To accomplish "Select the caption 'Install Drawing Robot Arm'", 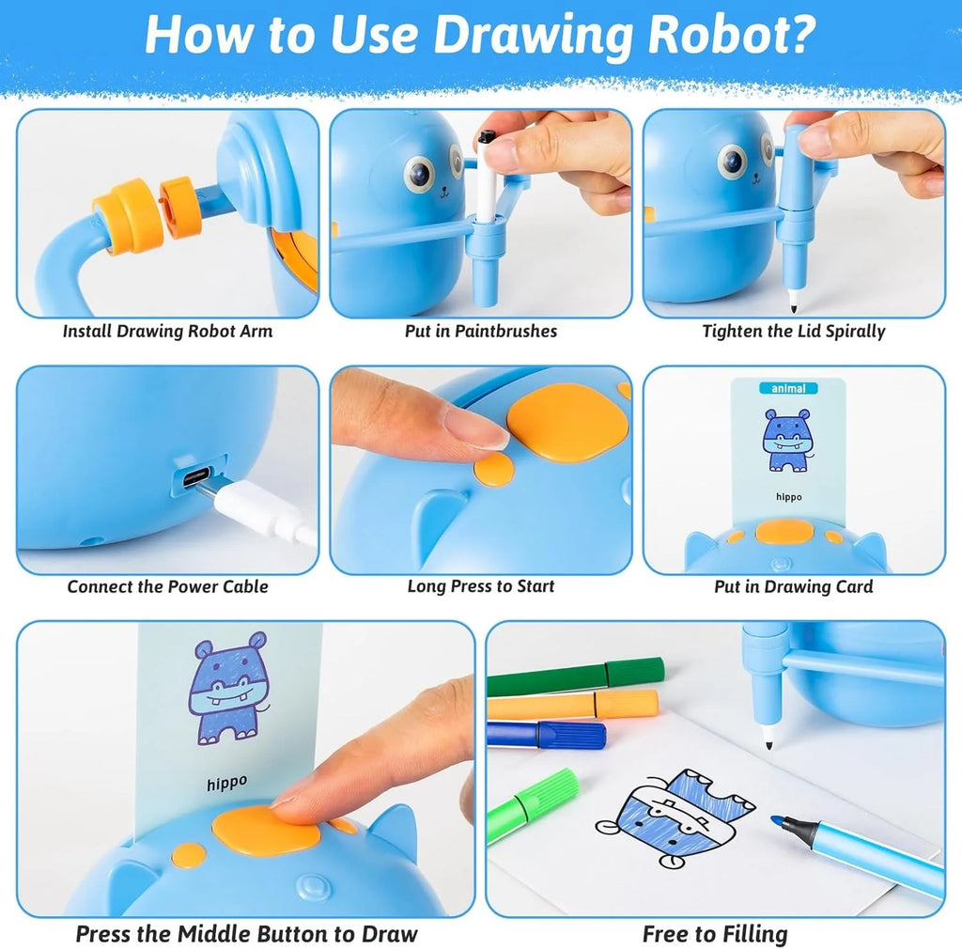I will pyautogui.click(x=167, y=331).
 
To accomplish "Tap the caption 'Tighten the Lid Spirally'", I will pyautogui.click(x=794, y=331).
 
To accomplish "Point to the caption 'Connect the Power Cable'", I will pyautogui.click(x=167, y=586).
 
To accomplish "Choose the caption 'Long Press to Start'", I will pyautogui.click(x=481, y=586).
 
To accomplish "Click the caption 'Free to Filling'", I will pyautogui.click(x=715, y=934).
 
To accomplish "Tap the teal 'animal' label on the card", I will pyautogui.click(x=788, y=387).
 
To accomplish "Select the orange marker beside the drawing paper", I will pyautogui.click(x=573, y=705).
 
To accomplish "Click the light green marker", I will pyautogui.click(x=532, y=804).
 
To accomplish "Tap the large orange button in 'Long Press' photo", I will pyautogui.click(x=567, y=421).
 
